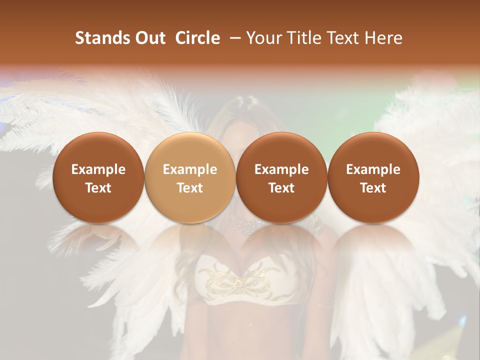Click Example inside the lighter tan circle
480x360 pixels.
[189, 169]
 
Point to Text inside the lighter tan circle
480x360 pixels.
[189, 188]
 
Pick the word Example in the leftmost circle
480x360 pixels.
[98, 169]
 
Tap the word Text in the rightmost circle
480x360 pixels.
[373, 188]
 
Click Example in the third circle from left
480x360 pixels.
[281, 169]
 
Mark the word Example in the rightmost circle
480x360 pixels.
[373, 169]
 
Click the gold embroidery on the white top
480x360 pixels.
[240, 280]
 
